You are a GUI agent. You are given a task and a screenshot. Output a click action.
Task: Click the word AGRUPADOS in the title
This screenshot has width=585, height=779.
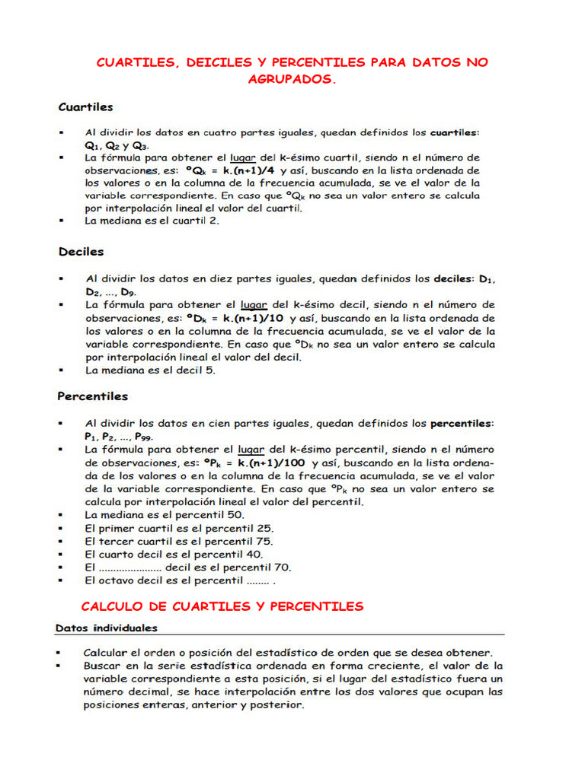click(291, 79)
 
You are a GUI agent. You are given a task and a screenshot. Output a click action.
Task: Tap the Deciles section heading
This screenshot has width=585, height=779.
click(81, 251)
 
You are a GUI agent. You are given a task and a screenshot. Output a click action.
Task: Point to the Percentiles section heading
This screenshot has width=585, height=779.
click(93, 396)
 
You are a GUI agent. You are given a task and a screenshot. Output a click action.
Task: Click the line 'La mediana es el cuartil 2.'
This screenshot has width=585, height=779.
click(152, 221)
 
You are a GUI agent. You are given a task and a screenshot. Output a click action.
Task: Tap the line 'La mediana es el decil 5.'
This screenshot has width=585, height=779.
click(150, 370)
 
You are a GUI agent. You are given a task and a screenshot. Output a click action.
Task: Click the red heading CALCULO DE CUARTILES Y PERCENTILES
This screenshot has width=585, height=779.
click(222, 606)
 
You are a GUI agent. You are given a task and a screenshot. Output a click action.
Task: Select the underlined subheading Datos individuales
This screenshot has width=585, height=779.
click(107, 628)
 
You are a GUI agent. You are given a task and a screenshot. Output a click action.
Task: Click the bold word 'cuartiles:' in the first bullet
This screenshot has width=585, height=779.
click(456, 132)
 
